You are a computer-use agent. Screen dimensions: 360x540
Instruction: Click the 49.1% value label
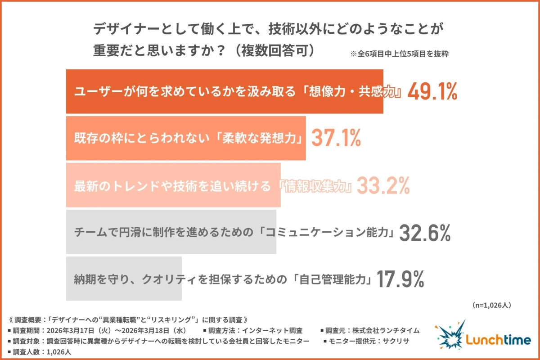click(432, 92)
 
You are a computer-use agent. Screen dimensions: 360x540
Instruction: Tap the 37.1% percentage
click(336, 139)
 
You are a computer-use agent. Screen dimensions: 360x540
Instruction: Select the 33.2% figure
click(383, 185)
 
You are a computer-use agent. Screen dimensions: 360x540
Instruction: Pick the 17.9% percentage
click(400, 279)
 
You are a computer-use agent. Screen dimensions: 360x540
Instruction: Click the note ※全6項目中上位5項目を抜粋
click(400, 54)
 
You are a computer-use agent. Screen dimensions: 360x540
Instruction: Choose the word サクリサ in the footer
click(396, 341)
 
